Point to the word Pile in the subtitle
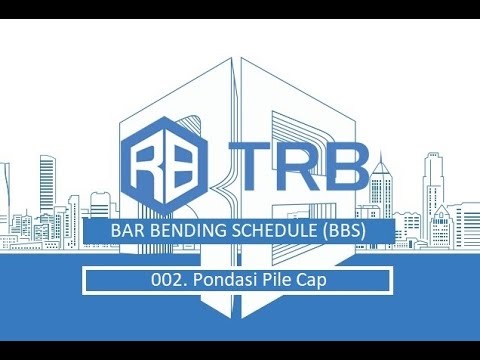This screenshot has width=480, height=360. pyautogui.click(x=267, y=281)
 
